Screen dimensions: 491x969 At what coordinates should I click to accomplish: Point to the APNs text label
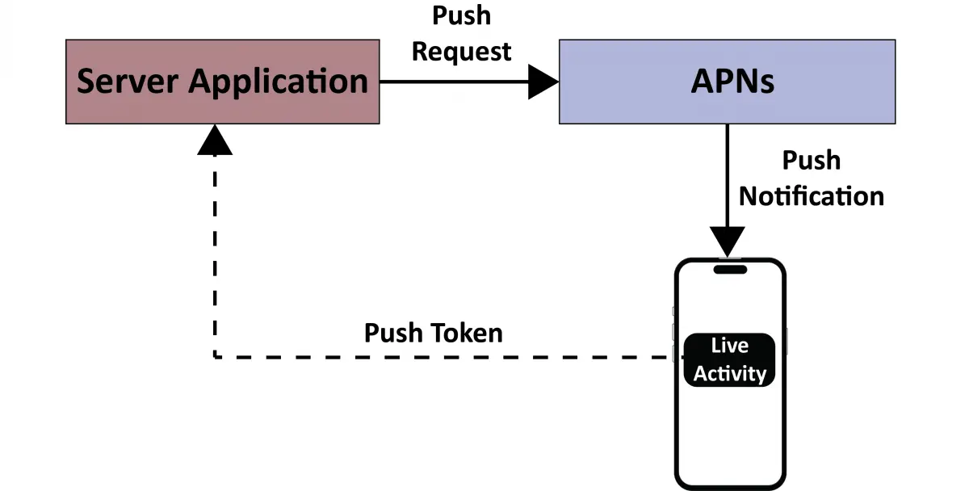click(732, 82)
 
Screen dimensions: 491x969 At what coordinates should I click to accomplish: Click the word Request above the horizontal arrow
click(461, 51)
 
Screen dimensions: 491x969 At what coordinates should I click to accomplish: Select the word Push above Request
click(461, 15)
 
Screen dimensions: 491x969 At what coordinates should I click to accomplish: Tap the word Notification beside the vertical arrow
click(812, 196)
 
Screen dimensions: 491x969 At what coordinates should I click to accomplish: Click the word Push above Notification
click(812, 161)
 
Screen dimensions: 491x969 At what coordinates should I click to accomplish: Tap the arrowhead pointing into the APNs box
click(543, 82)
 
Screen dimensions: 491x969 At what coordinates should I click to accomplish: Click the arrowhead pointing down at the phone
click(728, 241)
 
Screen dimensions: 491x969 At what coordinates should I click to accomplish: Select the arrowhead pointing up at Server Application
click(214, 141)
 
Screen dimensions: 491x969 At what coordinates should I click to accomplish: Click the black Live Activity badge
click(730, 359)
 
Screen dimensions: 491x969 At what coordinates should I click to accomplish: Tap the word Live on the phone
click(730, 346)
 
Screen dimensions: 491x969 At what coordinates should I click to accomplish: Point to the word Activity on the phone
click(730, 374)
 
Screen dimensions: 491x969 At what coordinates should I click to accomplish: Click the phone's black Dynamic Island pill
click(730, 269)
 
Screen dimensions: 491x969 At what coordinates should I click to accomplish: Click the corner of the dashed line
click(215, 355)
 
